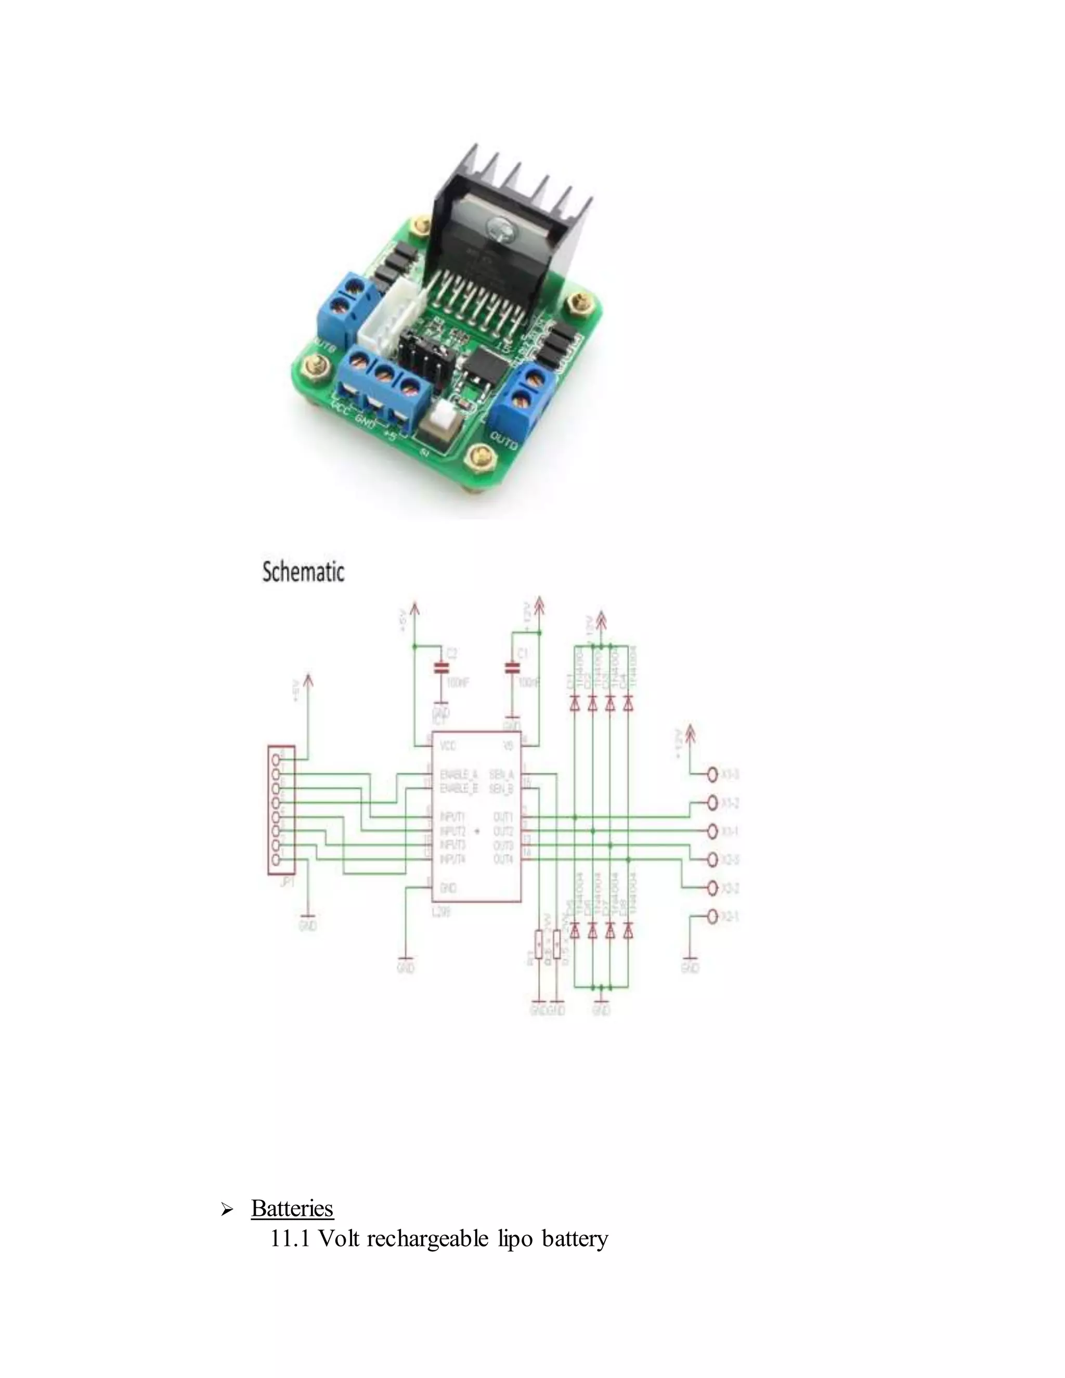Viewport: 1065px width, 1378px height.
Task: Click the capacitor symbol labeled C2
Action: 441,668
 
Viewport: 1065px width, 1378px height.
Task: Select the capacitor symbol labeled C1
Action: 512,668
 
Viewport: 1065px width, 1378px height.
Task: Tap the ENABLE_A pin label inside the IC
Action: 458,774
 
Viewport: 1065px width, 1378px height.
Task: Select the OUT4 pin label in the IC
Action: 503,860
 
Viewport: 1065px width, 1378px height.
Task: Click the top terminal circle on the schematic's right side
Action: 712,774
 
